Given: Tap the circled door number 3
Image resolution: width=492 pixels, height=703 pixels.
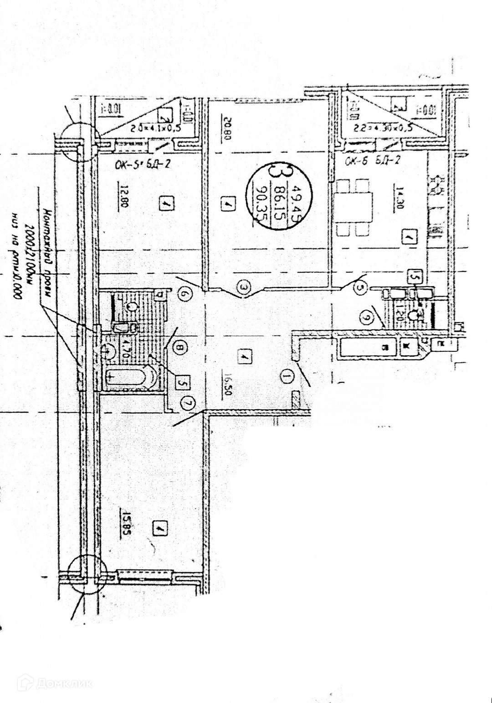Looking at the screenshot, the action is point(245,287).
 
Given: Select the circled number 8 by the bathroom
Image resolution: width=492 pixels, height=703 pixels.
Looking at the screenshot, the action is point(180,349).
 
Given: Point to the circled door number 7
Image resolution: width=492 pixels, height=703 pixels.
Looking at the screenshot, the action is point(186,403).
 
